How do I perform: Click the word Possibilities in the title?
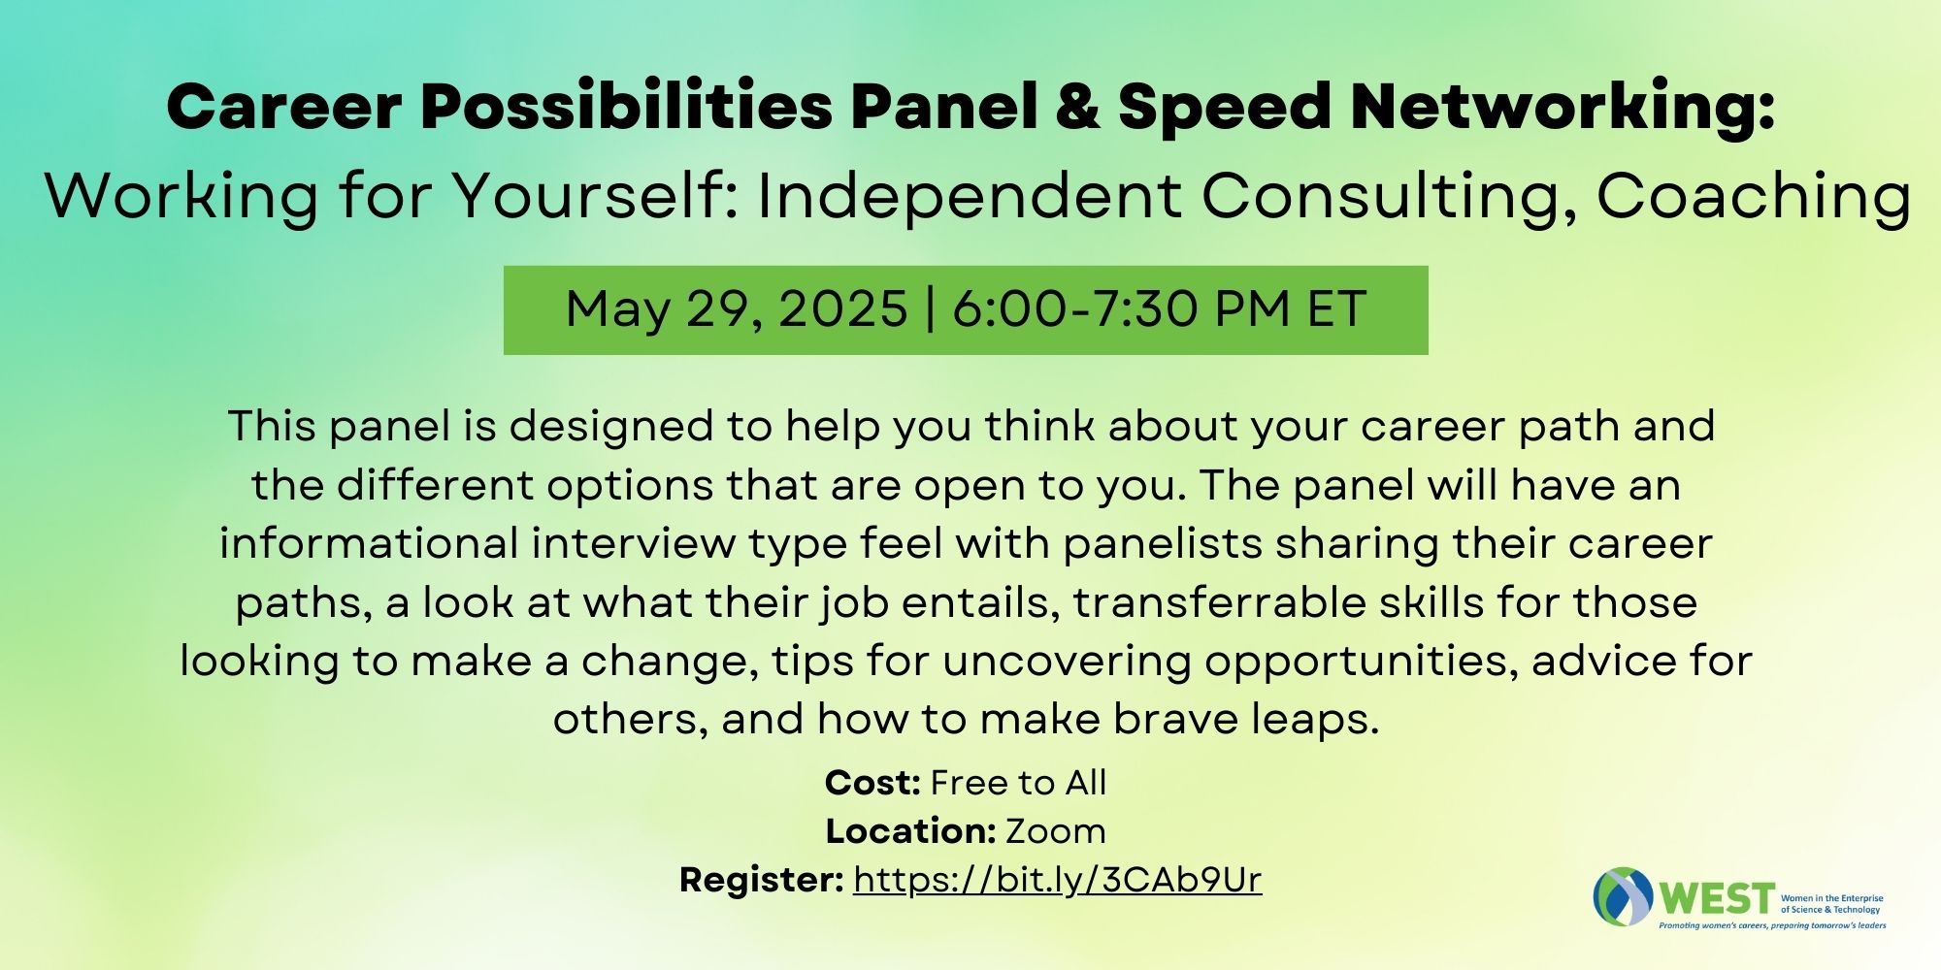point(626,107)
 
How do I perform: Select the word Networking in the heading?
point(1553,107)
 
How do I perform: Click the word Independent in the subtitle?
point(970,196)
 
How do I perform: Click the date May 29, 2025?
point(737,309)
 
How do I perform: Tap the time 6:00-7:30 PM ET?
point(1159,309)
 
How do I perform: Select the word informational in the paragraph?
point(370,543)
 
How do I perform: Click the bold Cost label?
point(872,783)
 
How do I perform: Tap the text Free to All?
point(1019,783)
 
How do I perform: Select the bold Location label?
point(910,831)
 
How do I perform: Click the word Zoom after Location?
point(1056,831)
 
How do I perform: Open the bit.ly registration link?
point(1058,880)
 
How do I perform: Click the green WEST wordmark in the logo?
point(1717,899)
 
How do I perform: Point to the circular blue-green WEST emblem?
point(1623,896)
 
